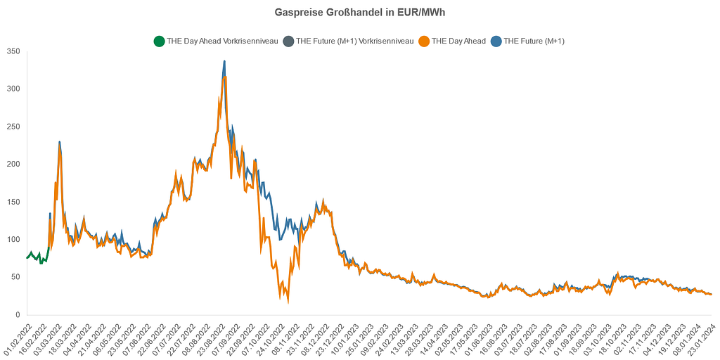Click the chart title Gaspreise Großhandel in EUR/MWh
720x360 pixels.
(x=359, y=13)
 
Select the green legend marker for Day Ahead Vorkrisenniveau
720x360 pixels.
(x=159, y=41)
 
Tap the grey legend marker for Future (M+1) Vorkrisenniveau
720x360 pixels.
(x=288, y=41)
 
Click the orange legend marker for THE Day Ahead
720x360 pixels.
(x=423, y=41)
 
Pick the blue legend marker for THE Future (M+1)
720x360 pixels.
(x=496, y=41)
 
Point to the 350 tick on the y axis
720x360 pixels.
(x=13, y=51)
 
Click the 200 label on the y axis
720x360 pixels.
(x=13, y=165)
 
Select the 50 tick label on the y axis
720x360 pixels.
(x=15, y=278)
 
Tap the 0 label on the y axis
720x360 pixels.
(x=18, y=315)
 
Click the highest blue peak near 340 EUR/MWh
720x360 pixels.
(x=224, y=61)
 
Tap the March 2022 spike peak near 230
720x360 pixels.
(x=60, y=142)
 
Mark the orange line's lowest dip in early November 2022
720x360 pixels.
(x=288, y=302)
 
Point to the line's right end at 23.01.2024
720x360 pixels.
(x=711, y=294)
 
